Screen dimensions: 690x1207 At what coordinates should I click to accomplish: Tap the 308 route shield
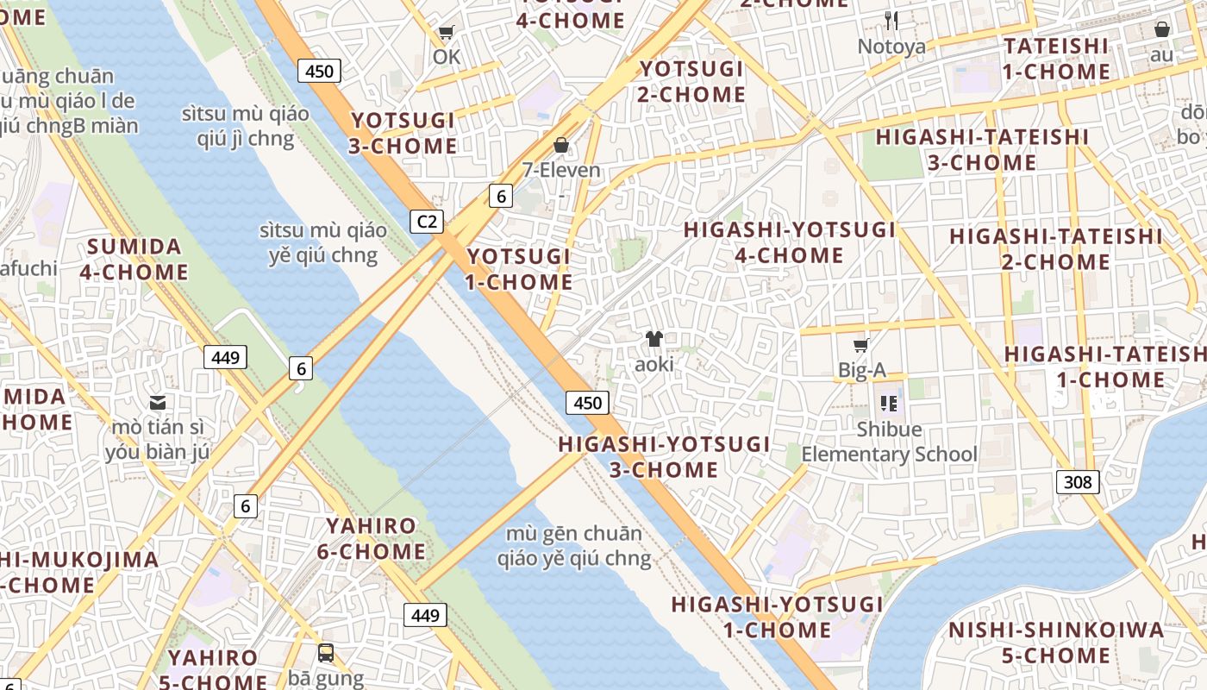tap(1078, 481)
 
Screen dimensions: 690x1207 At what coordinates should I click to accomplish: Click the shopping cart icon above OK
tap(446, 33)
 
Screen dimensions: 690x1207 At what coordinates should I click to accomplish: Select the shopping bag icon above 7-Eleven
tap(561, 144)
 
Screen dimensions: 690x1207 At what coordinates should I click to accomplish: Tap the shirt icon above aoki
tap(654, 339)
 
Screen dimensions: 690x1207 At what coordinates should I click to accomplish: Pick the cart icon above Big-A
tap(860, 346)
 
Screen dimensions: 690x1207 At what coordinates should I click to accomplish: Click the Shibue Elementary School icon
tap(889, 403)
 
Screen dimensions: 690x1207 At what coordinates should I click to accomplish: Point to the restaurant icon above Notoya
tap(891, 21)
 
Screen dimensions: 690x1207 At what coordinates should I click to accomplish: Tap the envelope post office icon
tap(158, 402)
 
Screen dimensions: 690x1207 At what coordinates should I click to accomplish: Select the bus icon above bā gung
tap(326, 653)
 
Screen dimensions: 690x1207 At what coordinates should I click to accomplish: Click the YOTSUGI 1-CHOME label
tap(519, 269)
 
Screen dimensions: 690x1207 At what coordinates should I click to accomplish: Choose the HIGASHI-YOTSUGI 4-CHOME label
tap(790, 242)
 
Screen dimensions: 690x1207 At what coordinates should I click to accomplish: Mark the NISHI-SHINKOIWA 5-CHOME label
tap(1056, 643)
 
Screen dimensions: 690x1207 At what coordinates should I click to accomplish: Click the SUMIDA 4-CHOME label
tap(134, 260)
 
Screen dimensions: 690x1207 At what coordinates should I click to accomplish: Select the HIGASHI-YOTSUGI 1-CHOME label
tap(777, 617)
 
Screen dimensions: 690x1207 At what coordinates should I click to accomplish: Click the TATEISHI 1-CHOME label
tap(1056, 59)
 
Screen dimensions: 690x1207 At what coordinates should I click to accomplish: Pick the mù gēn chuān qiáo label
tap(574, 546)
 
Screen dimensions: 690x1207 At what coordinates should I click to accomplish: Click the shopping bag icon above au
tap(1162, 29)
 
